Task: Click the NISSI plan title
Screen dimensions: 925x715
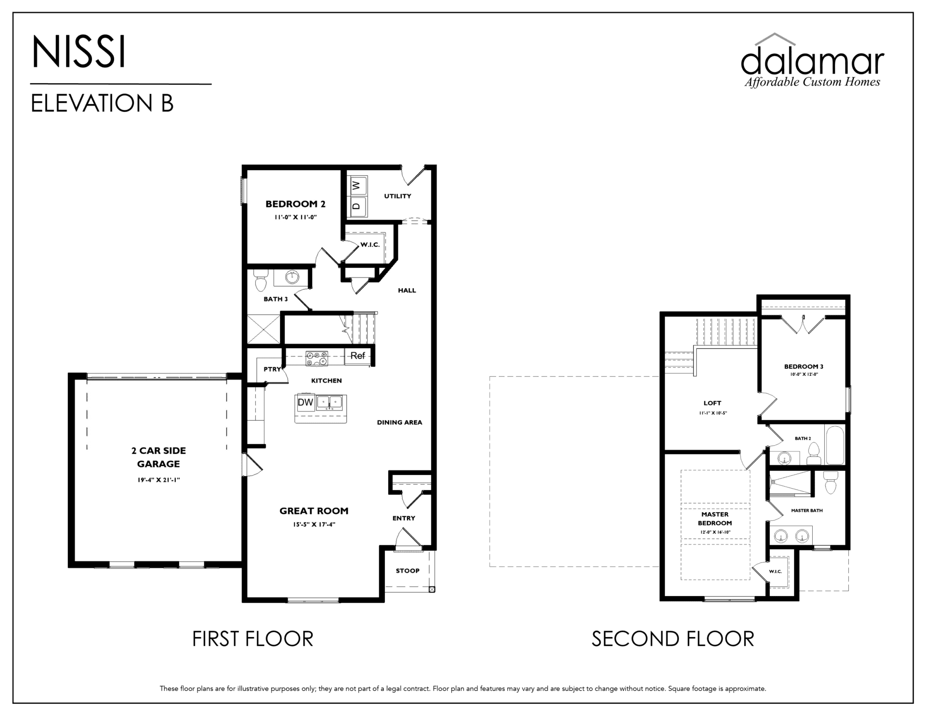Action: click(x=79, y=52)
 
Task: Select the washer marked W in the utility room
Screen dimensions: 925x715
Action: click(x=357, y=185)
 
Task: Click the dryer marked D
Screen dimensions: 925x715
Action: click(x=357, y=206)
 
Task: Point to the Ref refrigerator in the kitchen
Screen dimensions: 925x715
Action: click(x=358, y=356)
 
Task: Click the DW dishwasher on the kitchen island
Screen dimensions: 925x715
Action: click(x=305, y=402)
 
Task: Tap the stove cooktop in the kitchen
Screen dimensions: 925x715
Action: click(x=317, y=358)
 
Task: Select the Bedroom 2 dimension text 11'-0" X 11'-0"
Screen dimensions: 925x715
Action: click(x=295, y=217)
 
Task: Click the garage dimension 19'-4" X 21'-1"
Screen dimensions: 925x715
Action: click(x=159, y=480)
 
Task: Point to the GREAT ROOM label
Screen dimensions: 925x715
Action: click(x=314, y=511)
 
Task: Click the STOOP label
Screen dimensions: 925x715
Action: click(x=408, y=571)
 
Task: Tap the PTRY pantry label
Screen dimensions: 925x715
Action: click(x=272, y=370)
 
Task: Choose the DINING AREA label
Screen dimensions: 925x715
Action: click(x=399, y=423)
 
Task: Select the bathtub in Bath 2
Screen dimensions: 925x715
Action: click(x=834, y=444)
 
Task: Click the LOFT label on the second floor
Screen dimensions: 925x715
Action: click(x=712, y=403)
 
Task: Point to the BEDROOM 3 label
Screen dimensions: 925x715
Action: click(x=804, y=367)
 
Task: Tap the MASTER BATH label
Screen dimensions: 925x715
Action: click(x=807, y=510)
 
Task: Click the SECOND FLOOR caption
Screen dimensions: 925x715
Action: click(x=673, y=639)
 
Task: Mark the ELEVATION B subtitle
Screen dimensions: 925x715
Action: click(x=102, y=103)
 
